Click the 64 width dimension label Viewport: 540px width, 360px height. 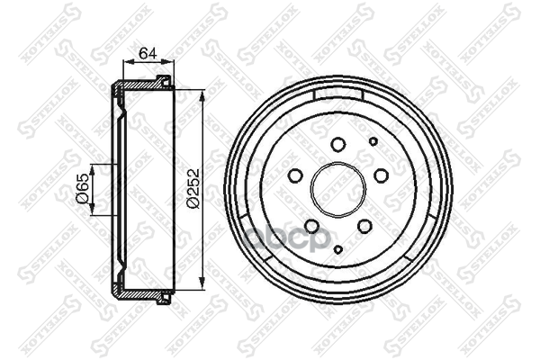(148, 53)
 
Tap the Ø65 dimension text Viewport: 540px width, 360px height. (83, 188)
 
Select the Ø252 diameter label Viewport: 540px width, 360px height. (193, 188)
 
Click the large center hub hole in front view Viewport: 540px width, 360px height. (338, 189)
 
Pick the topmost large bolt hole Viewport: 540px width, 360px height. (338, 144)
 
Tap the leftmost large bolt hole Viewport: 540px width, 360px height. (295, 175)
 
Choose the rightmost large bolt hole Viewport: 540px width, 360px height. (382, 175)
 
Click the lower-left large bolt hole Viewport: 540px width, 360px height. (312, 226)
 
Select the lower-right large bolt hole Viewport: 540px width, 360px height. (364, 226)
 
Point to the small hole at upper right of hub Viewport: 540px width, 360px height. (373, 141)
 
